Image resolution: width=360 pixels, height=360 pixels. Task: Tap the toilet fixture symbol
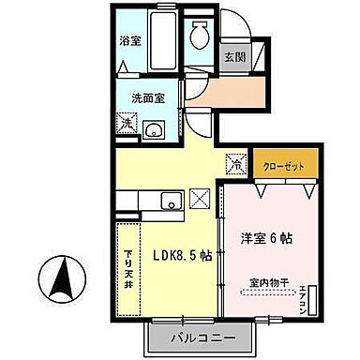[x=198, y=37]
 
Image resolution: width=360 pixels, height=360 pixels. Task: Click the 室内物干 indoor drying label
[x=268, y=280]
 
